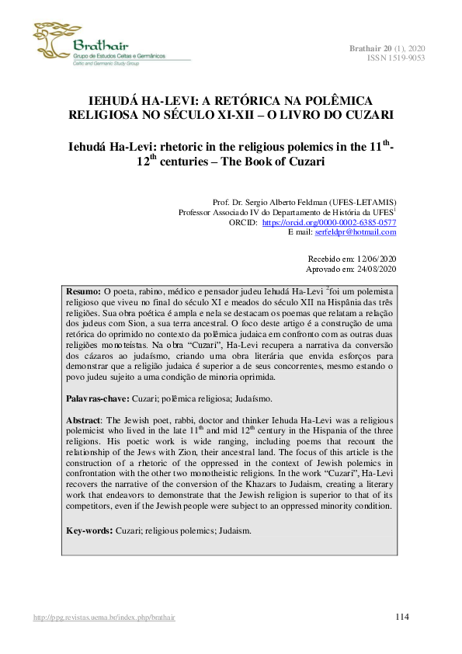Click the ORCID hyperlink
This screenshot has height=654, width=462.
tap(329, 221)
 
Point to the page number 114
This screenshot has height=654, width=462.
tap(401, 617)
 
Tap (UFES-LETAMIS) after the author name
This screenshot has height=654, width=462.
tap(366, 201)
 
